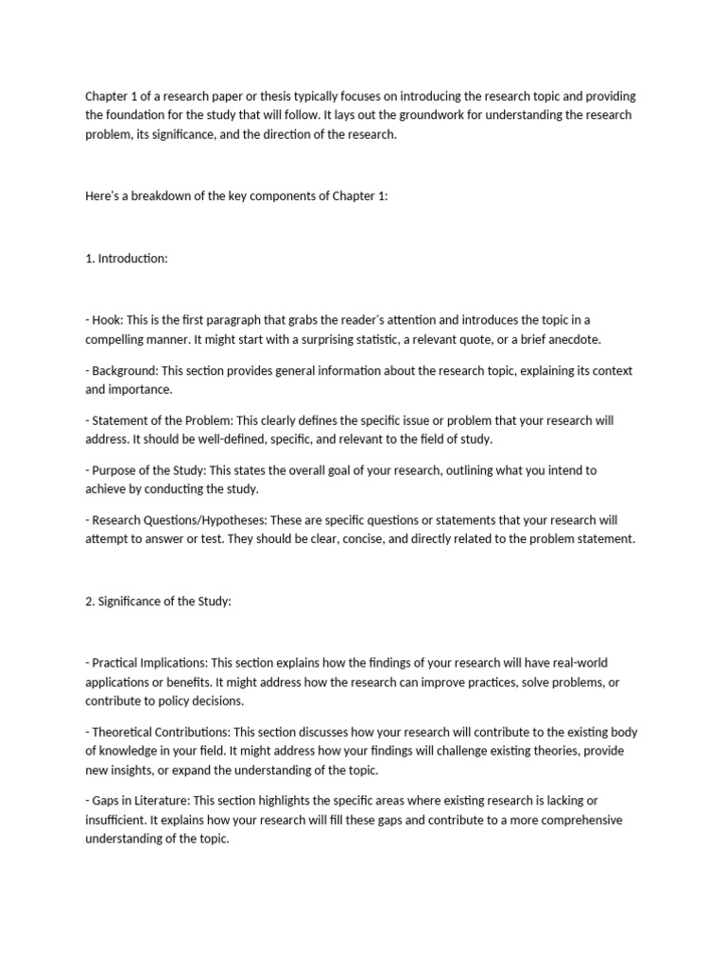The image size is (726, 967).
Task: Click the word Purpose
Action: point(113,469)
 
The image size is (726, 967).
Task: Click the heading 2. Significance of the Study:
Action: point(158,601)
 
